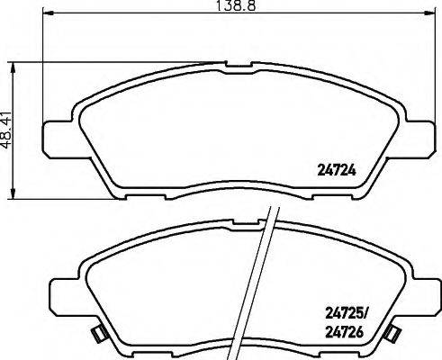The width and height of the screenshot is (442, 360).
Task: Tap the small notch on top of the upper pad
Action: (x=239, y=65)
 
